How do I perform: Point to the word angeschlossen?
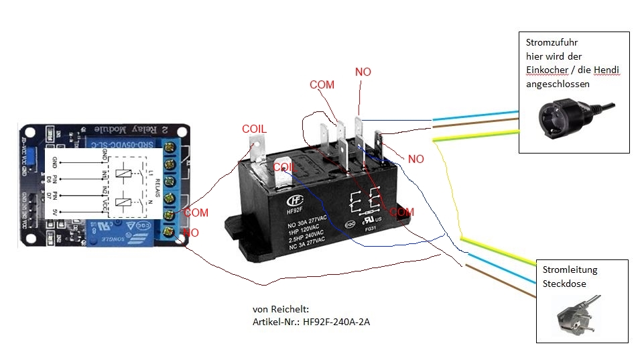pos(558,84)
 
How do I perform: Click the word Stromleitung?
pos(570,269)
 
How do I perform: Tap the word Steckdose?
pos(564,283)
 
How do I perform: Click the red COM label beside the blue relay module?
pos(196,213)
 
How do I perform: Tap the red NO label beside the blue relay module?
pos(192,232)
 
